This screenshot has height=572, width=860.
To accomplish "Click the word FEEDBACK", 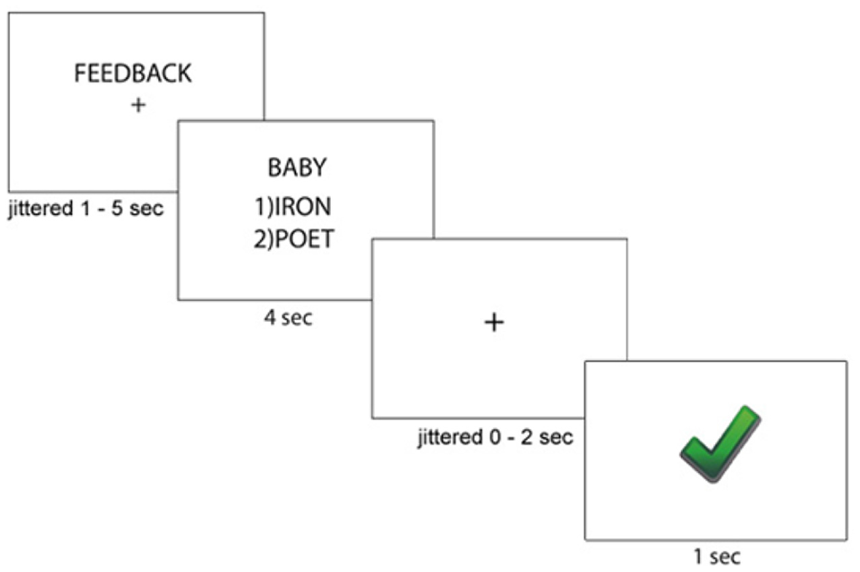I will (x=132, y=73).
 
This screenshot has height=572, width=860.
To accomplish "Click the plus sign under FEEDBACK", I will (x=137, y=105).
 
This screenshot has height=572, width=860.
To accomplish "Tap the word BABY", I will (x=297, y=168).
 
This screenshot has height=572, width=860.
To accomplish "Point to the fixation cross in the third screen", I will (x=494, y=323).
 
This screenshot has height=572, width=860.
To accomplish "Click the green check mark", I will (x=720, y=443).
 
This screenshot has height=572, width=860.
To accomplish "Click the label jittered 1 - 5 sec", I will (x=86, y=209).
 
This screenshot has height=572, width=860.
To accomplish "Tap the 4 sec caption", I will (x=288, y=317).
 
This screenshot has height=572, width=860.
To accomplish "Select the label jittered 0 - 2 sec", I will (x=495, y=437).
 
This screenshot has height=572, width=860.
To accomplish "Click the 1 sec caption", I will (x=716, y=557).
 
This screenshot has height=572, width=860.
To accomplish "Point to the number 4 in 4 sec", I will (x=270, y=317).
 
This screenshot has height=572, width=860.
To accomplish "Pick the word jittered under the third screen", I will (x=446, y=437).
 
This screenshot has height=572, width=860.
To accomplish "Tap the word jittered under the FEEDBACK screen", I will (x=36, y=209).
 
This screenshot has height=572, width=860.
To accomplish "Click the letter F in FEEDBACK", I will (x=80, y=73).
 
